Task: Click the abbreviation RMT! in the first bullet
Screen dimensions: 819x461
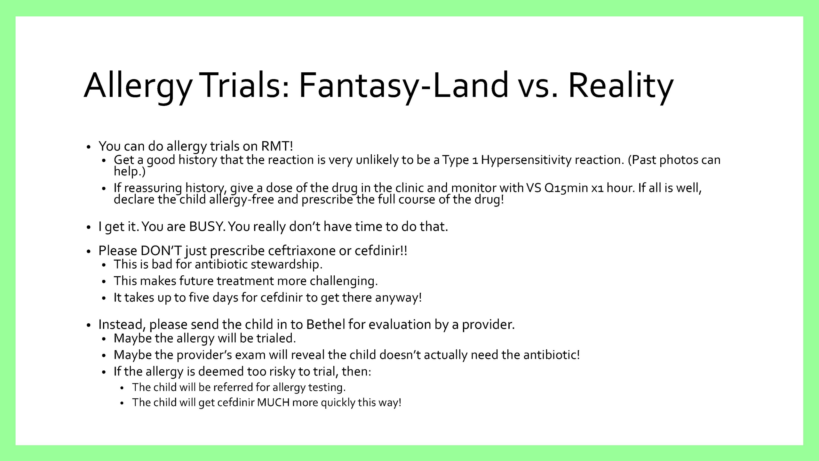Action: pyautogui.click(x=277, y=146)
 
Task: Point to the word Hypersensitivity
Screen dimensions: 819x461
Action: pyautogui.click(x=526, y=160)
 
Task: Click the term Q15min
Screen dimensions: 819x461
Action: pyautogui.click(x=566, y=188)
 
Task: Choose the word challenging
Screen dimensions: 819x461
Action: pyautogui.click(x=344, y=281)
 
